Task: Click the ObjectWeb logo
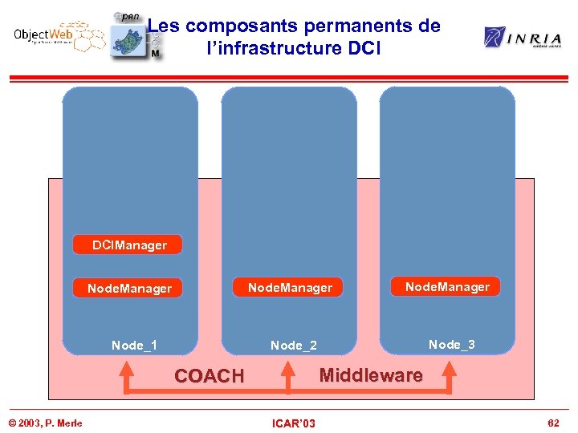coord(58,37)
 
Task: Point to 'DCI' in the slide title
coord(367,48)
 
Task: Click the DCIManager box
coord(128,245)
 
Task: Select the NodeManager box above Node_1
coord(128,288)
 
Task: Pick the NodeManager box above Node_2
coord(289,287)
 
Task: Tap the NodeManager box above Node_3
coord(446,286)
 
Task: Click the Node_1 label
coord(134,346)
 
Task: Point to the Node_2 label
coord(293,346)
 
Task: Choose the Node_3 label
coord(451,345)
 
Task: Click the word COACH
coord(209,376)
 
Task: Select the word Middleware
coord(371,374)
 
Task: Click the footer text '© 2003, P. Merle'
coord(45,423)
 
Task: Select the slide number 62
coord(552,423)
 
